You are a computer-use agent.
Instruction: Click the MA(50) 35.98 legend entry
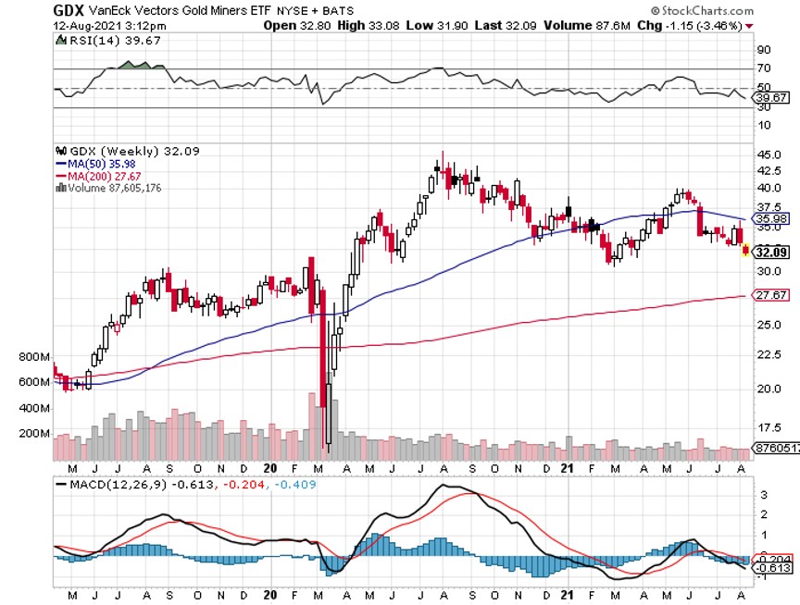(x=98, y=163)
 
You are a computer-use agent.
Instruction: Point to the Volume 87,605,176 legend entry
(x=115, y=187)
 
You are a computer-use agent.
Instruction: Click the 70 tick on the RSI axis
(x=765, y=68)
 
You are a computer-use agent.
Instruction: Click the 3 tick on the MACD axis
(x=764, y=495)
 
